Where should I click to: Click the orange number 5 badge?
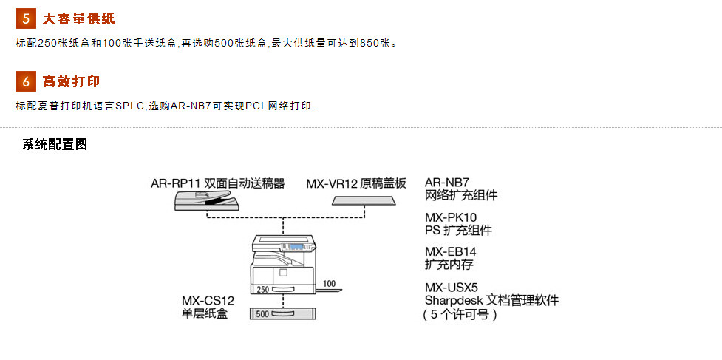coord(26,19)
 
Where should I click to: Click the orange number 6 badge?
coord(26,81)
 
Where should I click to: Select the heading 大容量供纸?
coord(79,19)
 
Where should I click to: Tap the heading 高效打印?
coord(72,81)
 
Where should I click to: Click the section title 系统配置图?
coord(55,145)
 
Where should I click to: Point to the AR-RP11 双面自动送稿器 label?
coord(218,183)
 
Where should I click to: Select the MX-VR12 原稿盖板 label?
coord(356,183)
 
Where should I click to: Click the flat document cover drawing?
coord(364,200)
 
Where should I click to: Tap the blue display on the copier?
coord(295,246)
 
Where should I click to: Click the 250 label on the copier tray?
coord(262,289)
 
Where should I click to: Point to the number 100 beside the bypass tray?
coord(330,284)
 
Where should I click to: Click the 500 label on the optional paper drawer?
coord(262,314)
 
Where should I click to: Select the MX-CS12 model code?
coord(208,301)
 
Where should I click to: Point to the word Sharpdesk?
coord(452,301)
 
